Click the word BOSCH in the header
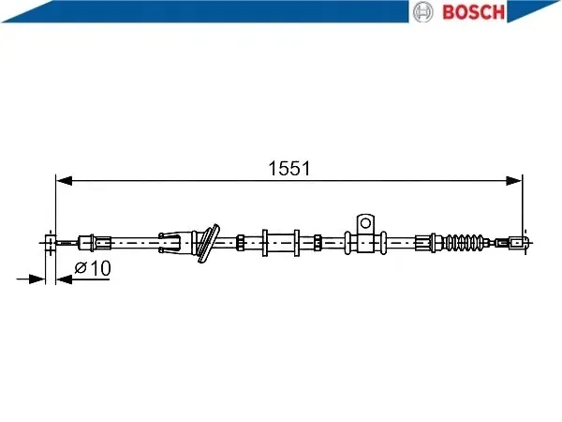[x=474, y=12]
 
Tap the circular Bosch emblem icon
[x=423, y=12]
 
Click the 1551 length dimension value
[x=289, y=168]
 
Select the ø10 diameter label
[x=93, y=268]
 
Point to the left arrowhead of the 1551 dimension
[x=65, y=181]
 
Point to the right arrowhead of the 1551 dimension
[x=513, y=181]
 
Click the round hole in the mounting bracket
[x=365, y=223]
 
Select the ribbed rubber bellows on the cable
[x=465, y=243]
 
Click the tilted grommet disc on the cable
[x=208, y=243]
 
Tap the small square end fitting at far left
[x=51, y=243]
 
